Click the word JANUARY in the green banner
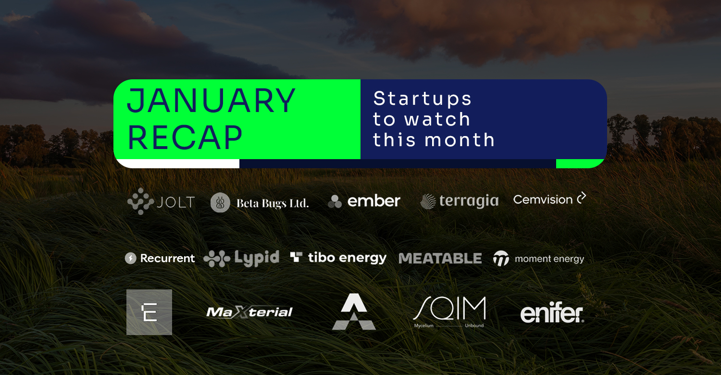click(x=211, y=100)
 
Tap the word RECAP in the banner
click(x=185, y=138)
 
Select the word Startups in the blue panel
click(x=423, y=99)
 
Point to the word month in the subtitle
click(x=460, y=140)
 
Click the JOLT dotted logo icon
click(x=141, y=201)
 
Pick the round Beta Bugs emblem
click(x=220, y=203)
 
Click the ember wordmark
click(x=373, y=201)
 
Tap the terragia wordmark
click(x=469, y=201)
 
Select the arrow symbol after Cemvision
click(x=581, y=198)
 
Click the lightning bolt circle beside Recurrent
click(x=130, y=258)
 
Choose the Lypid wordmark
click(x=257, y=258)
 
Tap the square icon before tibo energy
click(x=296, y=257)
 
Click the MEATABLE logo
click(x=440, y=259)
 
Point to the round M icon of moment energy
click(x=501, y=259)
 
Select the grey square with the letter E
click(x=149, y=312)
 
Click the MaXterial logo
click(x=249, y=312)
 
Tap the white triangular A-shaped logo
click(x=354, y=312)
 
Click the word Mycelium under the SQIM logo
click(x=423, y=326)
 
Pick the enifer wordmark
click(x=552, y=312)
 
